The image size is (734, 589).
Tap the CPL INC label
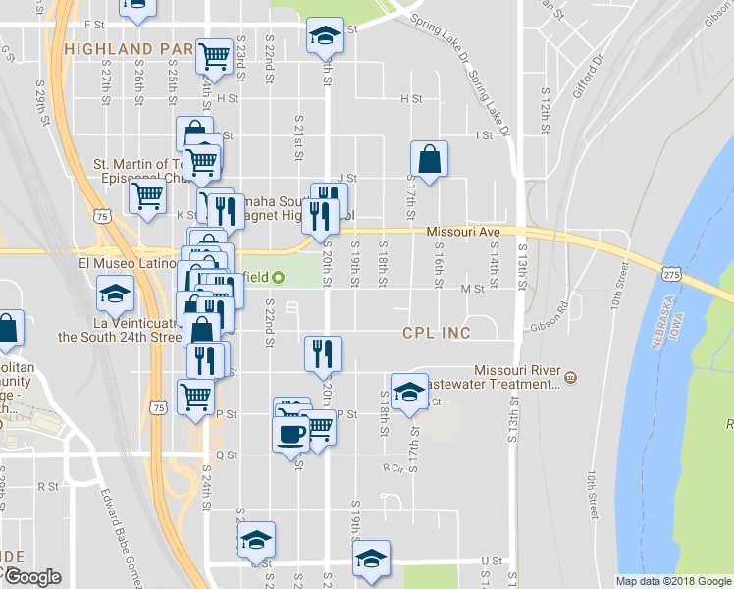[x=437, y=333]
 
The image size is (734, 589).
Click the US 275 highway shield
[x=671, y=276]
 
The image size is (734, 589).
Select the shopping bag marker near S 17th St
[x=430, y=157]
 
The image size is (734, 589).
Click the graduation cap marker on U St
[x=371, y=558]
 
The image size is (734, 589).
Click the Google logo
[x=31, y=576]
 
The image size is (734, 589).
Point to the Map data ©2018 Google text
[x=673, y=581]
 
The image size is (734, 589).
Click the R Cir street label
[x=393, y=467]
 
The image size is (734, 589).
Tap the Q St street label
[x=227, y=455]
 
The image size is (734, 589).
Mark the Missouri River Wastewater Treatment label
[x=517, y=377]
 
